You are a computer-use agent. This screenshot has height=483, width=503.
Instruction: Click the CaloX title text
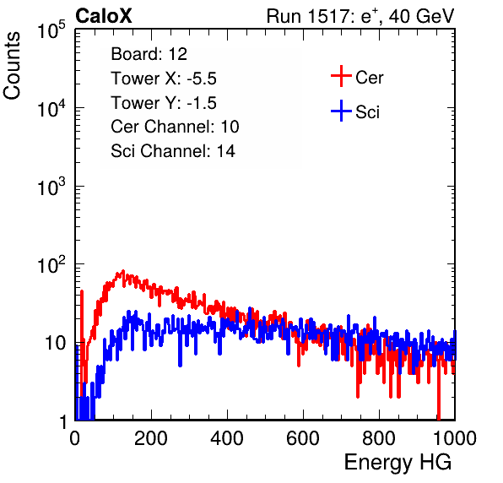[x=104, y=16]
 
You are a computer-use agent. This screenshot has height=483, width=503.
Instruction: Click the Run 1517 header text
[x=360, y=16]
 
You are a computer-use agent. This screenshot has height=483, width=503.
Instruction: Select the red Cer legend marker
[x=341, y=76]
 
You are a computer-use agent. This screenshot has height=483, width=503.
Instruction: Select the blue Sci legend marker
[x=341, y=111]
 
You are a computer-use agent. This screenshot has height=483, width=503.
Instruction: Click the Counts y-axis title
[x=12, y=66]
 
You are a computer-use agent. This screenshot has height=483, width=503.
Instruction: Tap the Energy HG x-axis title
[x=398, y=462]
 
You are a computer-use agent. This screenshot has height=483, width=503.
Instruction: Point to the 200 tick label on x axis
[x=151, y=438]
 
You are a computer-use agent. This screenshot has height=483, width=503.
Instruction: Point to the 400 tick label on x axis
[x=227, y=438]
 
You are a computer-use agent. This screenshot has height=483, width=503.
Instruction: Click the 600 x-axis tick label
[x=303, y=438]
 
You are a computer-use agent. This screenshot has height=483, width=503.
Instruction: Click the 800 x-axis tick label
[x=379, y=438]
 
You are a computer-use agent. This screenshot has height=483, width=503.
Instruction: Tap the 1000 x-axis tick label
[x=455, y=438]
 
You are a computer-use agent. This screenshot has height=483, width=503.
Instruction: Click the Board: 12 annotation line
[x=149, y=54]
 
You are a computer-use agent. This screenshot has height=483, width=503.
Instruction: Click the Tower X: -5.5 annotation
[x=164, y=79]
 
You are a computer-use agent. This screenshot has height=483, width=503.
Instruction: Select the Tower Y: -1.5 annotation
[x=164, y=103]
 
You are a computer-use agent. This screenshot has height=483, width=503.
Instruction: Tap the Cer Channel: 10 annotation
[x=175, y=127]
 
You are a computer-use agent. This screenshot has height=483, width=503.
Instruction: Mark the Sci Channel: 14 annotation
[x=173, y=151]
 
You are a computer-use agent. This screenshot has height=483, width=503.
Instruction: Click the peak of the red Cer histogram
[x=123, y=271]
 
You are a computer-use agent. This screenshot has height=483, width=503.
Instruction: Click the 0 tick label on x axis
[x=74, y=438]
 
